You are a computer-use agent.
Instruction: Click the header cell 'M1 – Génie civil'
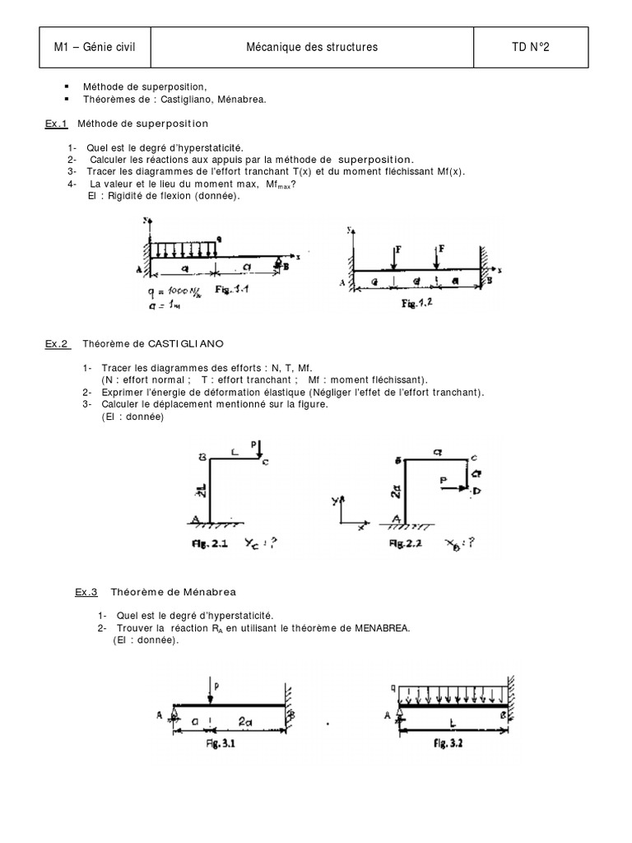point(95,48)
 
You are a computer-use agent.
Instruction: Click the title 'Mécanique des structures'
point(313,48)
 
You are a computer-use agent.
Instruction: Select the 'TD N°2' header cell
point(530,48)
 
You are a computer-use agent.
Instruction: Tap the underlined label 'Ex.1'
point(56,123)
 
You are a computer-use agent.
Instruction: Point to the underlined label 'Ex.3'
point(86,591)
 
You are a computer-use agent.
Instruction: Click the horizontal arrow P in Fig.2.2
point(451,487)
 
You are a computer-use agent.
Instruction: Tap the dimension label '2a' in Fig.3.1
point(247,721)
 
